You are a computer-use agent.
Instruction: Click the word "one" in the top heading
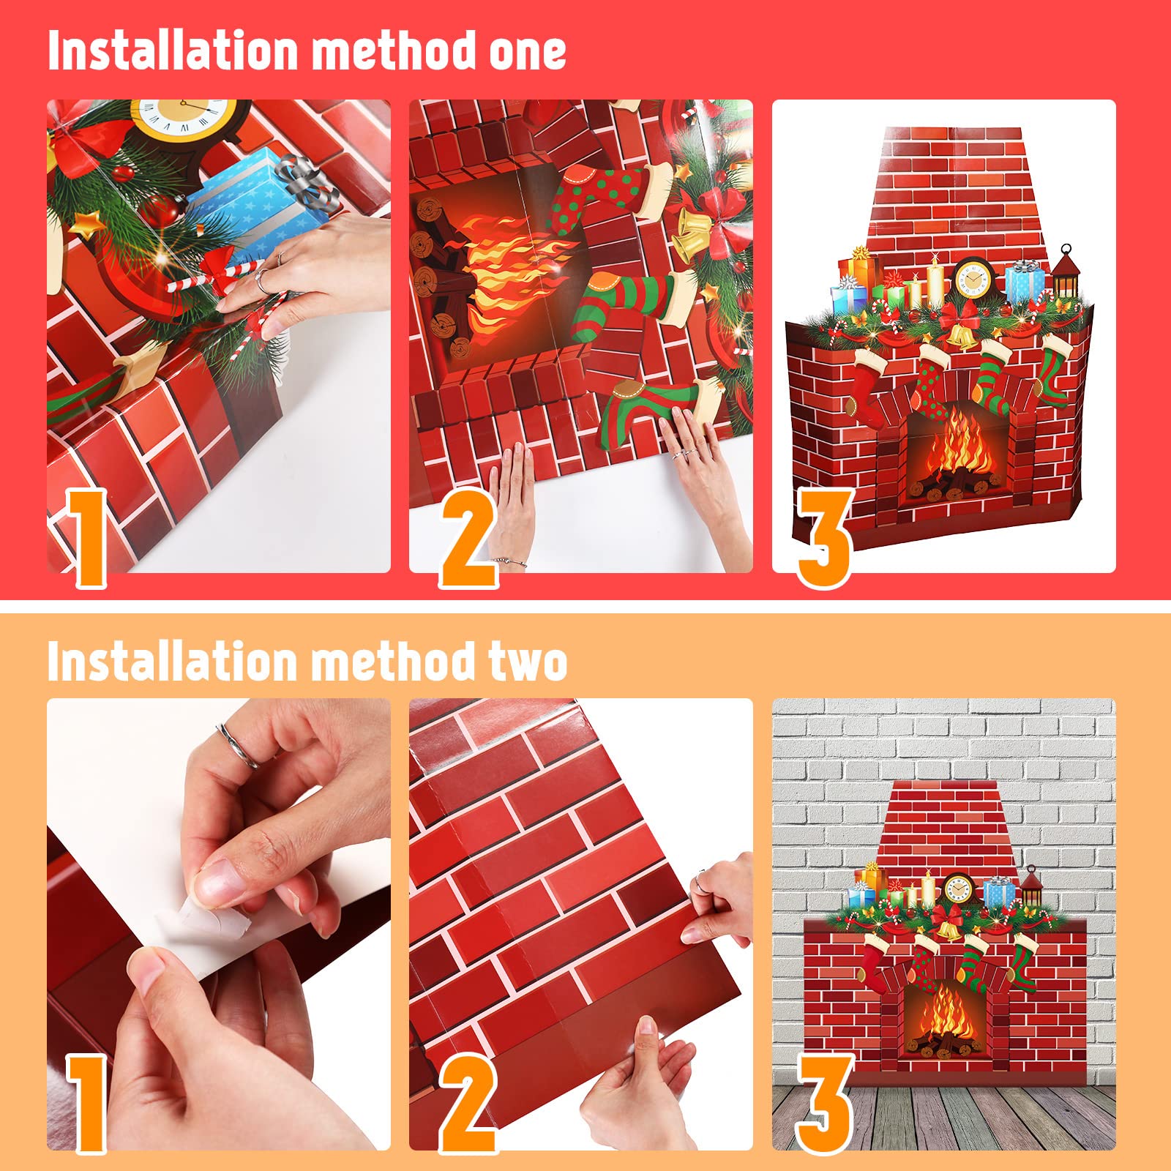point(527,51)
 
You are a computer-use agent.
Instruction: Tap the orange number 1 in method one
point(88,538)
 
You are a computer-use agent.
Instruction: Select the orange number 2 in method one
point(468,538)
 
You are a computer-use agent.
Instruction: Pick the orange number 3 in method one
point(825,538)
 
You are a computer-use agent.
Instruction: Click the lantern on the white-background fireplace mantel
point(1066,272)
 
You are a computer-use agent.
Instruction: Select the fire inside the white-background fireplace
point(955,446)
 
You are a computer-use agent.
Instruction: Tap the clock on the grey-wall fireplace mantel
point(959,888)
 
